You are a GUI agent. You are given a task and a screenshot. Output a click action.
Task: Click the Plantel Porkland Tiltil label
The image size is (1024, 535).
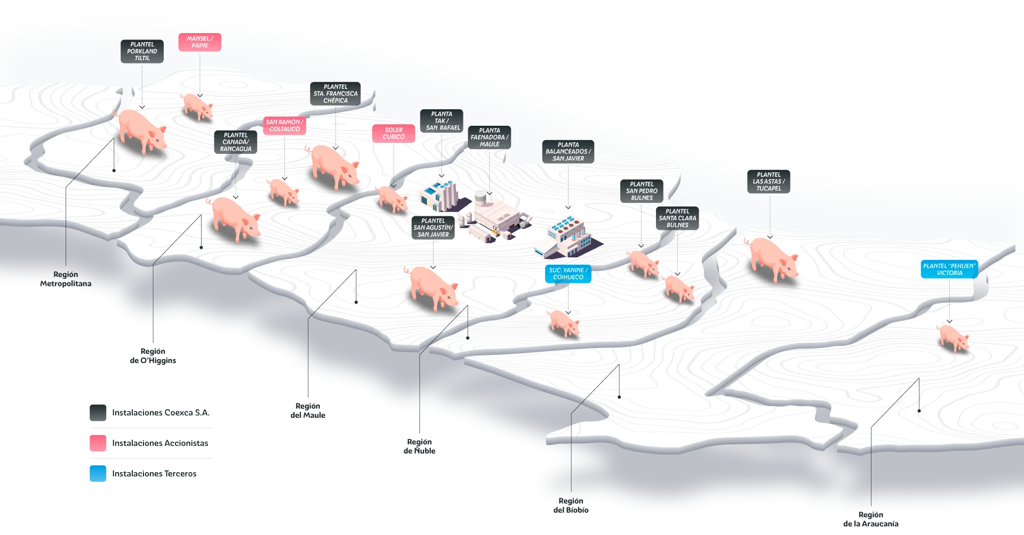(x=142, y=52)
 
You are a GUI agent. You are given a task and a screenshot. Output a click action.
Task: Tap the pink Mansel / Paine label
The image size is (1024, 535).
(x=200, y=42)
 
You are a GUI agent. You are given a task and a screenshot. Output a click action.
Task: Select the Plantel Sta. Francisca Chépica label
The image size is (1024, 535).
(x=335, y=94)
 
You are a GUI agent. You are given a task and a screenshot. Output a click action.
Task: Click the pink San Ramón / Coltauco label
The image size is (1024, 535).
(x=284, y=126)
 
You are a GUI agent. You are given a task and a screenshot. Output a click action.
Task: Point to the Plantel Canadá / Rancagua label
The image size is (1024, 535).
(x=236, y=142)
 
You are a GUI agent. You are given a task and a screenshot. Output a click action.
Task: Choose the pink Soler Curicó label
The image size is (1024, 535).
(x=394, y=134)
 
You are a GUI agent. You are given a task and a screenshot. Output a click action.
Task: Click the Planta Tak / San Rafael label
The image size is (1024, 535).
(x=442, y=121)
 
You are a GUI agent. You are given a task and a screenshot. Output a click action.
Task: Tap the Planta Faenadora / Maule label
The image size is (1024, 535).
(x=490, y=137)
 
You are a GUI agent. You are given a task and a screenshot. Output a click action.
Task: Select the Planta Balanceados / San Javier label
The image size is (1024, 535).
(x=568, y=152)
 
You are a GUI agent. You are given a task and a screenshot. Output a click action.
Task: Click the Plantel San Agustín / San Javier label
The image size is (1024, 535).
(x=433, y=228)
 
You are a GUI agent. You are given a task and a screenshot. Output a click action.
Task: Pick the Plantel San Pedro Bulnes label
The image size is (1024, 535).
(x=642, y=191)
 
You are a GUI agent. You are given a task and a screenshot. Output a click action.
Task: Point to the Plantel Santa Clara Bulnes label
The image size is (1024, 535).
(x=677, y=218)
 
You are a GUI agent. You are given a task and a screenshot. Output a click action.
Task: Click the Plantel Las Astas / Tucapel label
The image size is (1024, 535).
(x=769, y=182)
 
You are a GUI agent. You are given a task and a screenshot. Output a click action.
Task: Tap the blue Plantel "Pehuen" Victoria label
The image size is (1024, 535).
(x=949, y=270)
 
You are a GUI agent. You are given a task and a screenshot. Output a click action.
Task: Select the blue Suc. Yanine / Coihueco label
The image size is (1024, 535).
(x=568, y=274)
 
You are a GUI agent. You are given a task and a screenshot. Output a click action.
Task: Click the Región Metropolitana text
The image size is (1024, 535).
(x=66, y=279)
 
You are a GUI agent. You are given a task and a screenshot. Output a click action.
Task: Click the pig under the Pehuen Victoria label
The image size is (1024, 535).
(x=953, y=338)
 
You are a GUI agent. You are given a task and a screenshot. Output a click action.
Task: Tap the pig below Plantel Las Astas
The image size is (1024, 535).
(x=774, y=260)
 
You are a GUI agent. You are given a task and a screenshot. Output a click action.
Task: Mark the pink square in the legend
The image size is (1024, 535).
(x=98, y=443)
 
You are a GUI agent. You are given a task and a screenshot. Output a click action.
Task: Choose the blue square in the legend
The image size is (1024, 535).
(x=98, y=473)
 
